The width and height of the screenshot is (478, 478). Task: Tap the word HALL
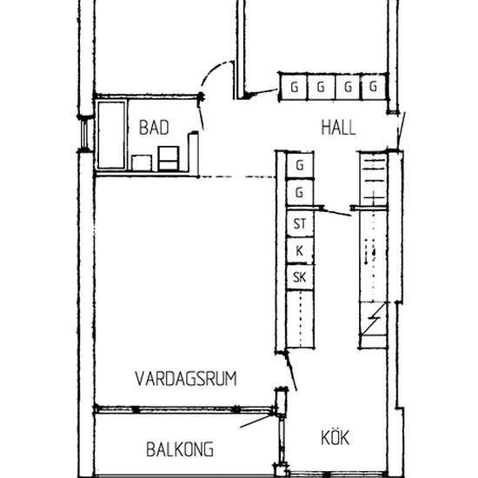[338, 127]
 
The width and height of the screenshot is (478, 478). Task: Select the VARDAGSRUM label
[186, 378]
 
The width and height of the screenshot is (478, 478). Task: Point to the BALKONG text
[180, 450]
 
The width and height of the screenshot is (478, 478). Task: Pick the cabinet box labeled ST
[300, 224]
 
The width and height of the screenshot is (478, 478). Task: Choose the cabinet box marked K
[300, 251]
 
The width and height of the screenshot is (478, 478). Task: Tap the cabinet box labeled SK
[300, 277]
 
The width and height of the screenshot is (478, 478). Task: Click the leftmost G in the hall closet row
[295, 87]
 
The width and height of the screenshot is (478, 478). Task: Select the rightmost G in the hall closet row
[373, 87]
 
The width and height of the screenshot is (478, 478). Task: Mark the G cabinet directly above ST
[300, 191]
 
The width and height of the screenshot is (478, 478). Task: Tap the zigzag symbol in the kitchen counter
[374, 322]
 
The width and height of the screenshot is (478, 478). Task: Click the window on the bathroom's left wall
[84, 136]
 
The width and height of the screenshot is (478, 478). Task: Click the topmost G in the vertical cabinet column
[300, 164]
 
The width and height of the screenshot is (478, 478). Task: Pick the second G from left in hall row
[321, 87]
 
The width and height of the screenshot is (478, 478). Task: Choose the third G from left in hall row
[347, 87]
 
